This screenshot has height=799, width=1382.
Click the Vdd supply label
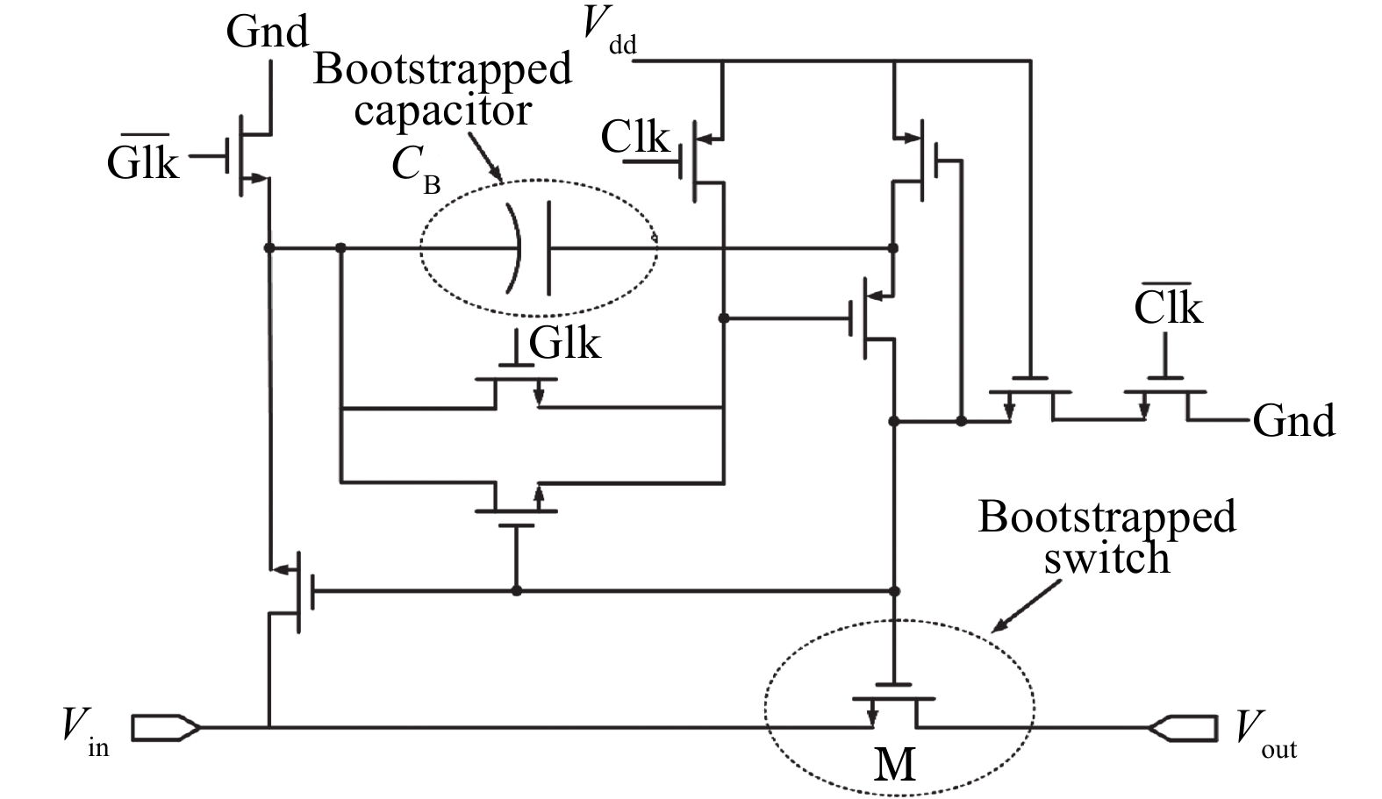point(609,32)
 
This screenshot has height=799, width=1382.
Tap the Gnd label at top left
point(267,32)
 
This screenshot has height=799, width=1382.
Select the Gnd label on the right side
point(1293,421)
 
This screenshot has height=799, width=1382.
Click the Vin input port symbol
point(166,727)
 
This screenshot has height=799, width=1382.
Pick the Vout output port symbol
point(1184,727)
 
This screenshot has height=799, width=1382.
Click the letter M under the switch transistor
point(895,764)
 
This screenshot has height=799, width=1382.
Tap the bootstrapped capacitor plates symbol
point(531,248)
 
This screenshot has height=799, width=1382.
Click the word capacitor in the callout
point(442,111)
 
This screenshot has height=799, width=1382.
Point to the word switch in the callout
point(1106,558)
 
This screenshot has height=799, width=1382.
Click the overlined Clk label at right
point(1168,307)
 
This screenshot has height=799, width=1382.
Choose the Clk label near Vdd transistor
point(634,138)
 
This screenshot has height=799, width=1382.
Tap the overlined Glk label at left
point(142,161)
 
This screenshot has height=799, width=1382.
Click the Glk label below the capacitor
point(565,342)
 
